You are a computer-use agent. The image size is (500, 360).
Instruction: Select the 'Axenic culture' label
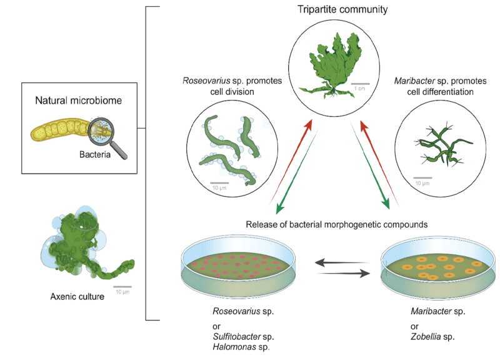pos(79,296)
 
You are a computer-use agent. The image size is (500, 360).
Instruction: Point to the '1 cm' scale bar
pos(360,84)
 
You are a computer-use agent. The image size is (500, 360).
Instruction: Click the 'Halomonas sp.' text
pos(240,347)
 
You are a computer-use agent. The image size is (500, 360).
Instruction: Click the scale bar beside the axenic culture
pos(122,287)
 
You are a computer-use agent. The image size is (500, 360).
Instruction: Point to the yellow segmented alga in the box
pos(60,130)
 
